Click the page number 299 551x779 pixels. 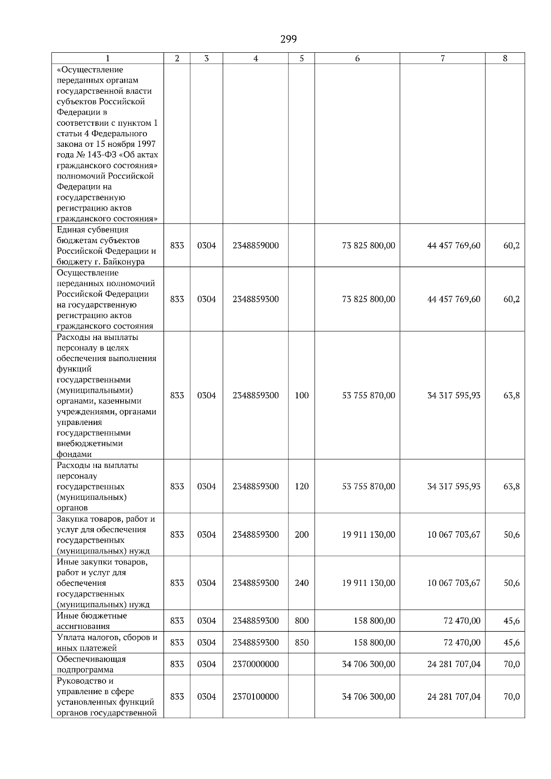[288, 39]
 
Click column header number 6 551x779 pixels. [357, 58]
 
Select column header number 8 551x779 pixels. [505, 58]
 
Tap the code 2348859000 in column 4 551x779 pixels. [255, 245]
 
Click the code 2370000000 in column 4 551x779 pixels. [255, 664]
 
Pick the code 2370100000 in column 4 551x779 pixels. [255, 696]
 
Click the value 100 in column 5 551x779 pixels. [302, 395]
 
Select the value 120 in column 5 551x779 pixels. [302, 486]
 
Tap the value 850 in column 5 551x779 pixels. [302, 642]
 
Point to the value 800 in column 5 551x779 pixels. [302, 621]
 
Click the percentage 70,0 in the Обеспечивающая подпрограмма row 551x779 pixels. [512, 664]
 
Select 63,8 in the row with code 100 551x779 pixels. [512, 395]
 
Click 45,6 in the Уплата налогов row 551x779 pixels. [512, 642]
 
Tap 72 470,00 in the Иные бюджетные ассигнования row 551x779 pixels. [462, 621]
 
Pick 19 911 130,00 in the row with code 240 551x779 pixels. [368, 583]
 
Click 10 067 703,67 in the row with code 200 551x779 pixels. [454, 534]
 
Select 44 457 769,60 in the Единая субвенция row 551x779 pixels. [454, 245]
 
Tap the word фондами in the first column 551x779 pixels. [74, 454]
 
